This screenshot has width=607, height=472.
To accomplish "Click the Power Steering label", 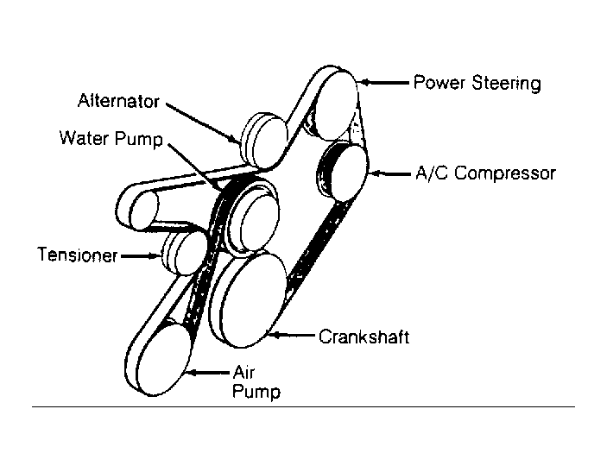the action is click(x=477, y=83).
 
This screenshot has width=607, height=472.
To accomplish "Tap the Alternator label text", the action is click(x=118, y=101).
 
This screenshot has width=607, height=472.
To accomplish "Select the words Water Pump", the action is click(x=111, y=139).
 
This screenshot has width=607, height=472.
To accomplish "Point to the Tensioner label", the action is click(x=77, y=255).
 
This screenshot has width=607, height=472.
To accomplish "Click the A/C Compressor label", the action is click(x=485, y=173).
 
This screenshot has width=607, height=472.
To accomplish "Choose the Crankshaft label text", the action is click(x=364, y=337).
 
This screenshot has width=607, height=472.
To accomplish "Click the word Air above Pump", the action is click(x=243, y=372).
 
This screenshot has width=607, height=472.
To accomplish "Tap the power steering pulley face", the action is click(x=336, y=105).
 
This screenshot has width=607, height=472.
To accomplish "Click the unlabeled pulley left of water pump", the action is click(x=144, y=211).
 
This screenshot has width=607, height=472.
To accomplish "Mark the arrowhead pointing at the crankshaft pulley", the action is click(x=275, y=335).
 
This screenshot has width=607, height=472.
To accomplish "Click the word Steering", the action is click(x=506, y=84).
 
